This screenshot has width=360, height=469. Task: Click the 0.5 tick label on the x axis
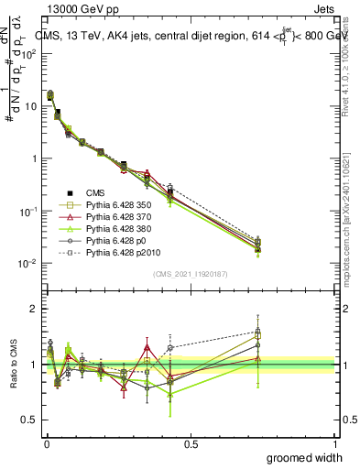(x=191, y=443)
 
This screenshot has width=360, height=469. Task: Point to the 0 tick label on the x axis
(x=46, y=443)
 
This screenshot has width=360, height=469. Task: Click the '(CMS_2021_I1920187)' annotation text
(x=191, y=274)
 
